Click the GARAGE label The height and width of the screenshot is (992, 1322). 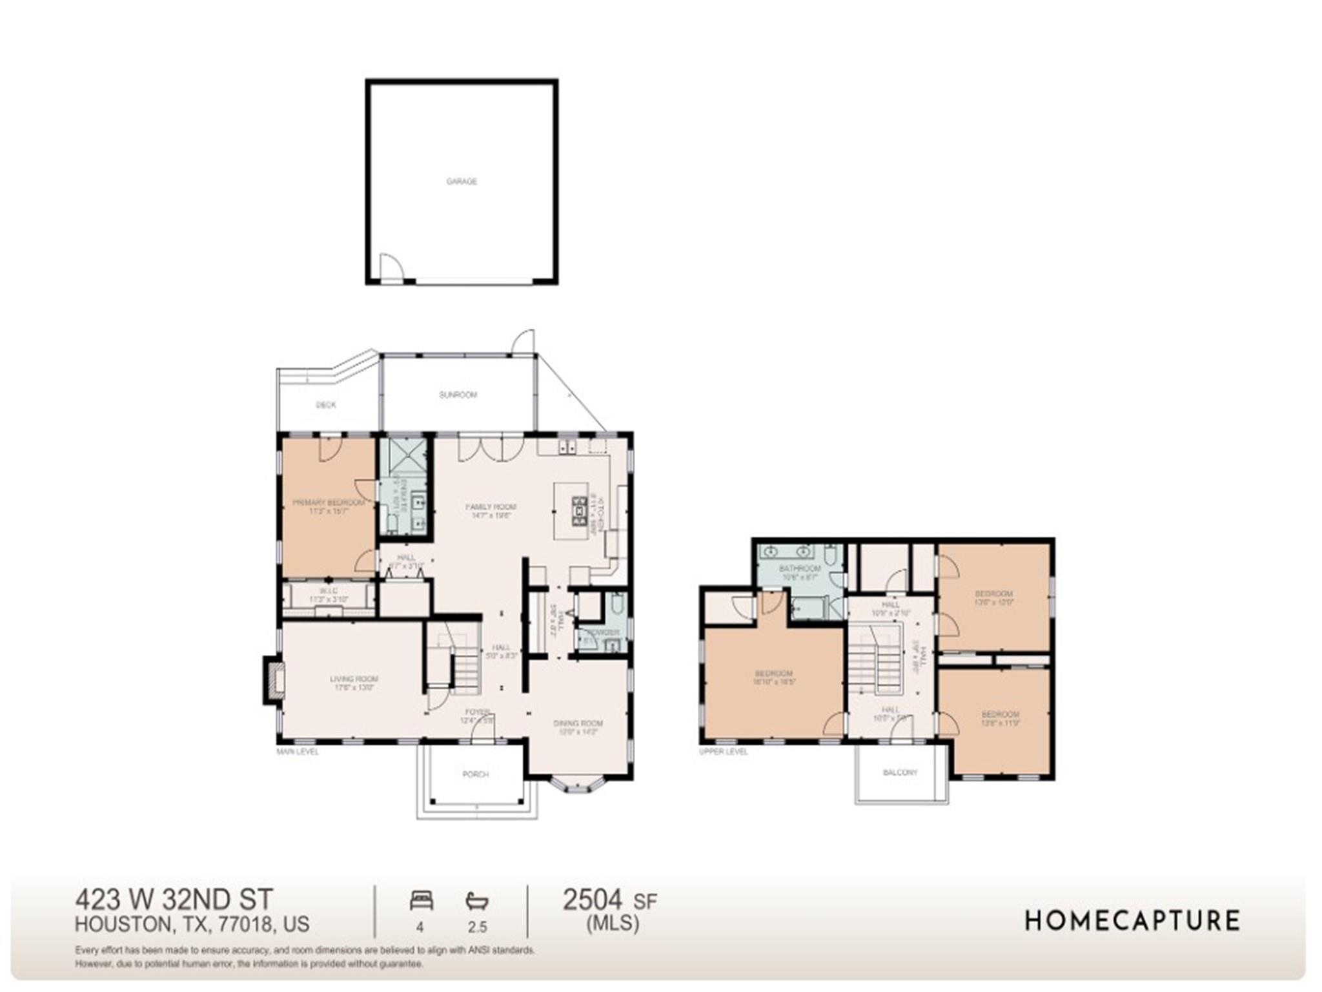(x=462, y=181)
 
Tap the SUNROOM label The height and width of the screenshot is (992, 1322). (x=458, y=395)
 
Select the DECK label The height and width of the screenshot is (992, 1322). (x=326, y=405)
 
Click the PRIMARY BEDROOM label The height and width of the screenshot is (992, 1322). (x=329, y=502)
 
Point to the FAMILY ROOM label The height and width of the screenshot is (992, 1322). (x=491, y=507)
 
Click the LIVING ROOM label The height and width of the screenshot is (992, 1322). (x=354, y=679)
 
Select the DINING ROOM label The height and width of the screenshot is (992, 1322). (x=578, y=723)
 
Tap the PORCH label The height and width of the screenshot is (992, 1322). (x=476, y=774)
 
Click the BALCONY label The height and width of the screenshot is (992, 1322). (x=900, y=772)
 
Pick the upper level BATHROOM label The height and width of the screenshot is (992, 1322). (x=800, y=568)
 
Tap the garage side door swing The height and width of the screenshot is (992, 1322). (x=391, y=266)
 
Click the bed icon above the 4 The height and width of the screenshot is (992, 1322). (x=421, y=900)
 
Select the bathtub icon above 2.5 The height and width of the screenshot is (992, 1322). (x=477, y=900)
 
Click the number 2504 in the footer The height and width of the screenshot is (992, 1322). (x=593, y=899)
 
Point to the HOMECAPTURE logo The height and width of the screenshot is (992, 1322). (x=1132, y=920)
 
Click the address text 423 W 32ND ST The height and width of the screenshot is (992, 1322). (x=174, y=899)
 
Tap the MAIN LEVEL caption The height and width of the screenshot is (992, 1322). (x=298, y=752)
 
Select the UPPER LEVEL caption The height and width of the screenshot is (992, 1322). (x=724, y=752)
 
